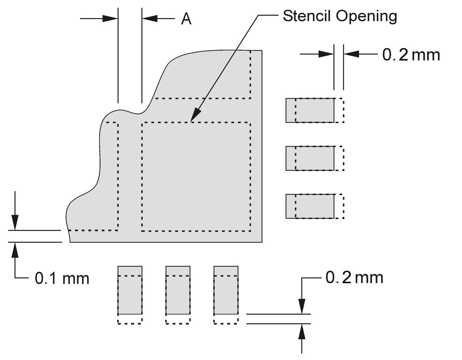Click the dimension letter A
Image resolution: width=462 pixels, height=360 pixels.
click(x=186, y=19)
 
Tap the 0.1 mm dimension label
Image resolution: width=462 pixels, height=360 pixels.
click(x=62, y=278)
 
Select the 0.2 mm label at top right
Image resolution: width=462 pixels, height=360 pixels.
click(x=411, y=55)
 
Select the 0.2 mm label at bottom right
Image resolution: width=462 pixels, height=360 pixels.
click(x=354, y=277)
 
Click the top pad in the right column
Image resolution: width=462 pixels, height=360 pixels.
click(x=310, y=111)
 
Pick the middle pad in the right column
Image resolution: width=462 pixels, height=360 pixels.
click(x=310, y=158)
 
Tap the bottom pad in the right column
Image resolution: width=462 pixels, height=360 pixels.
click(x=310, y=206)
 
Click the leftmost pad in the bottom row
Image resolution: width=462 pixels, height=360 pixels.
click(x=130, y=290)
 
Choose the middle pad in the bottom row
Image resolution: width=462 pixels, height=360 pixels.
click(x=178, y=290)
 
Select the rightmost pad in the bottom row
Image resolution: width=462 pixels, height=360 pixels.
click(x=226, y=290)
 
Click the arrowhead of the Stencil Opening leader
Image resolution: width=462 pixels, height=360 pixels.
click(x=195, y=117)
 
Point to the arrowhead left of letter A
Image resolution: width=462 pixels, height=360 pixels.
click(x=150, y=18)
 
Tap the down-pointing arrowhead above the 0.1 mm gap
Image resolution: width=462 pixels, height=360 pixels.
click(x=15, y=223)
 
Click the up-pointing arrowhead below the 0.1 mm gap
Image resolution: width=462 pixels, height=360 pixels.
click(x=15, y=250)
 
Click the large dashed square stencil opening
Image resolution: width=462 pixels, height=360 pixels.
click(x=196, y=177)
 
